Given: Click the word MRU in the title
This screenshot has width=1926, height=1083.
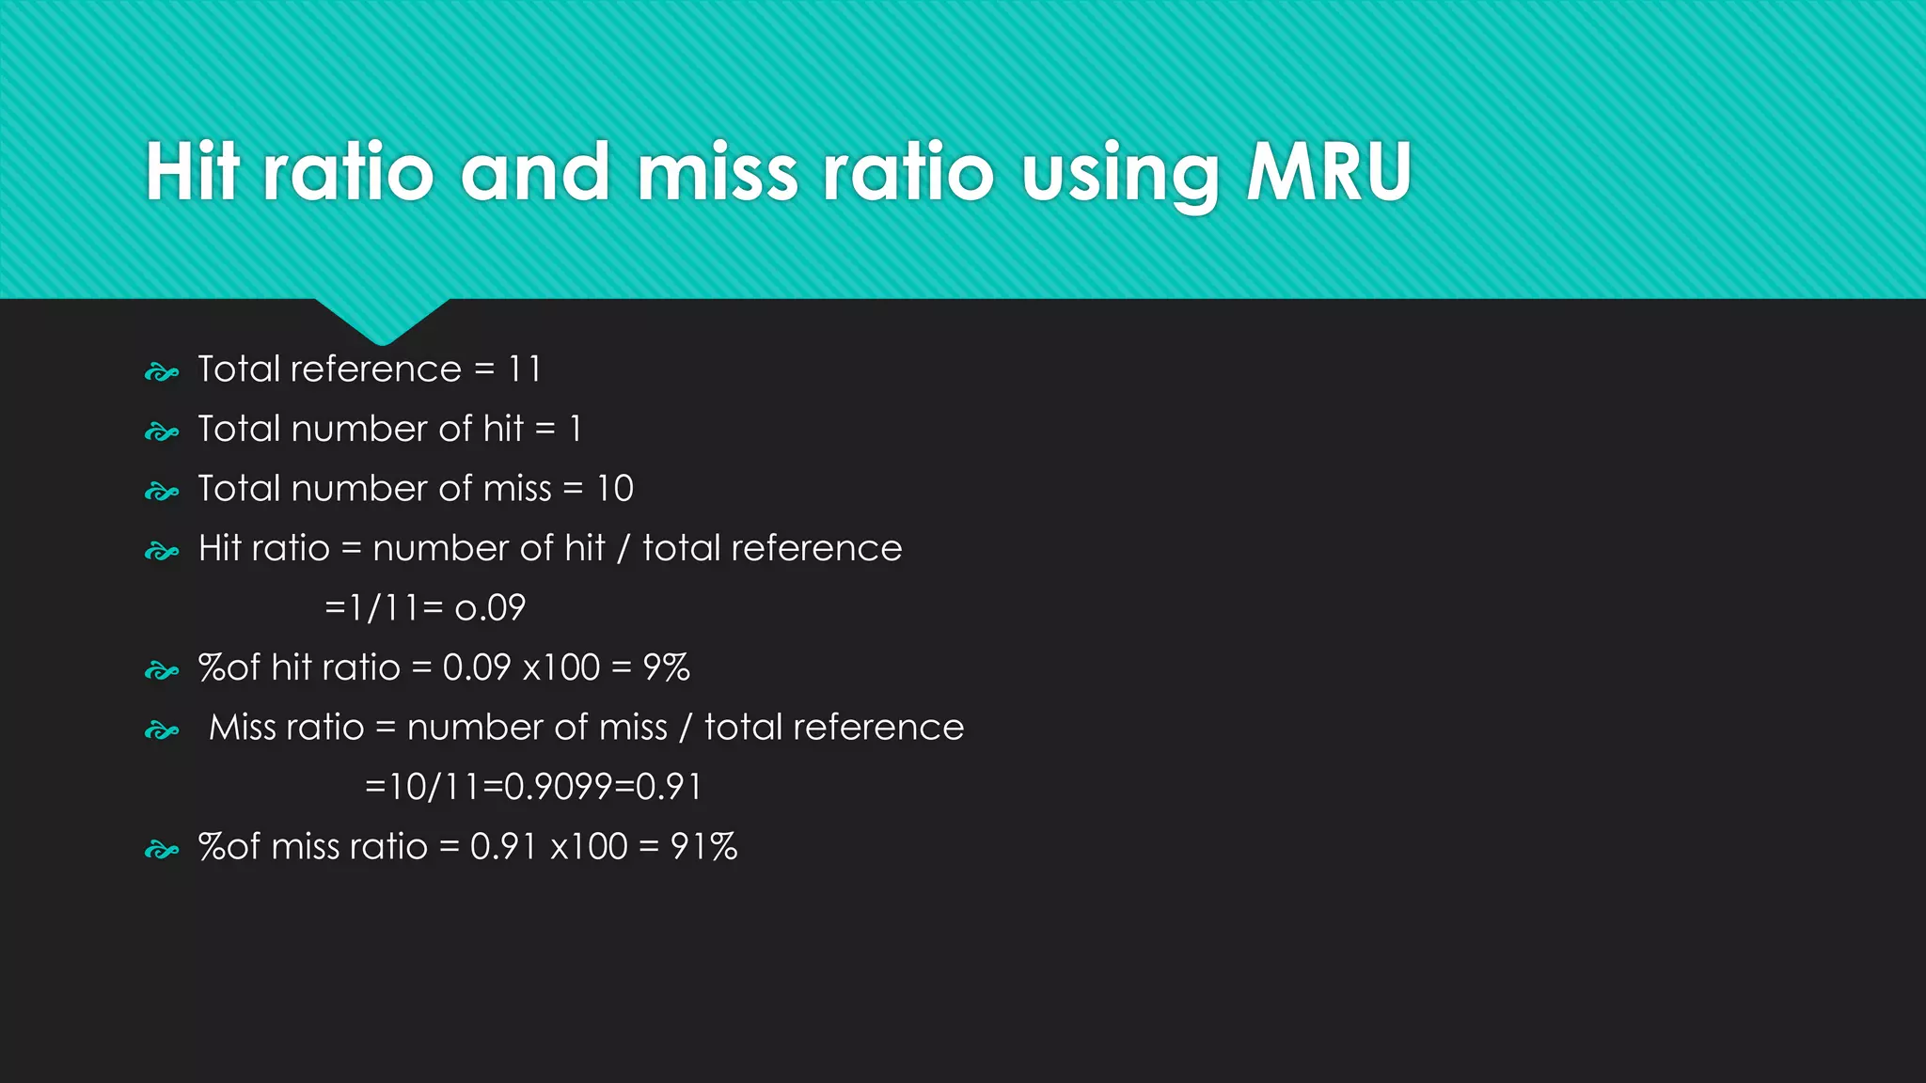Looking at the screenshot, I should point(1328,172).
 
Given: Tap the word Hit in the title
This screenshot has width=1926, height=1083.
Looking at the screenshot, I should point(193,172).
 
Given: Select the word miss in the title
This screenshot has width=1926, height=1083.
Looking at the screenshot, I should point(718,172).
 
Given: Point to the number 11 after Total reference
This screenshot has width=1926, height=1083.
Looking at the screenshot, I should point(525,369).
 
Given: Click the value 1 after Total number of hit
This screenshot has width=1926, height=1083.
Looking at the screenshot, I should point(576,430).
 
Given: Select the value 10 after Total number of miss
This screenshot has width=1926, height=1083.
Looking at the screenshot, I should point(615,489).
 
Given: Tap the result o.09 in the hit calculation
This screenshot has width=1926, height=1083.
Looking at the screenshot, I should point(490,608).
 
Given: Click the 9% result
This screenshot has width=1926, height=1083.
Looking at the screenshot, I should point(666,667).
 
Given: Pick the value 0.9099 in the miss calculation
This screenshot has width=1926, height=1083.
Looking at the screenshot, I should point(559,787).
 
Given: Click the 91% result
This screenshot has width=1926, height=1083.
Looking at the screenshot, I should point(703,847).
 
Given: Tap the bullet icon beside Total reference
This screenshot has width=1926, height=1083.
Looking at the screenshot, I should point(161,373).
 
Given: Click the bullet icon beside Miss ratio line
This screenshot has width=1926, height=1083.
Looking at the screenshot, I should point(161,730).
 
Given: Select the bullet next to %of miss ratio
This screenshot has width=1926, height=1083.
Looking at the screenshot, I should point(161,851).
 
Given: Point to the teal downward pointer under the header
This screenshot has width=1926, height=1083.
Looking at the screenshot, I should point(382,320).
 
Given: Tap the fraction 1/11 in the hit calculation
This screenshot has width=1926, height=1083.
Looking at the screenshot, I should point(384,608).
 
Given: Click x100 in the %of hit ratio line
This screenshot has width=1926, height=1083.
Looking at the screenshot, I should point(560,667).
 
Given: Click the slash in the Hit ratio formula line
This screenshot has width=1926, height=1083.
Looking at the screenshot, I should point(623,549).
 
